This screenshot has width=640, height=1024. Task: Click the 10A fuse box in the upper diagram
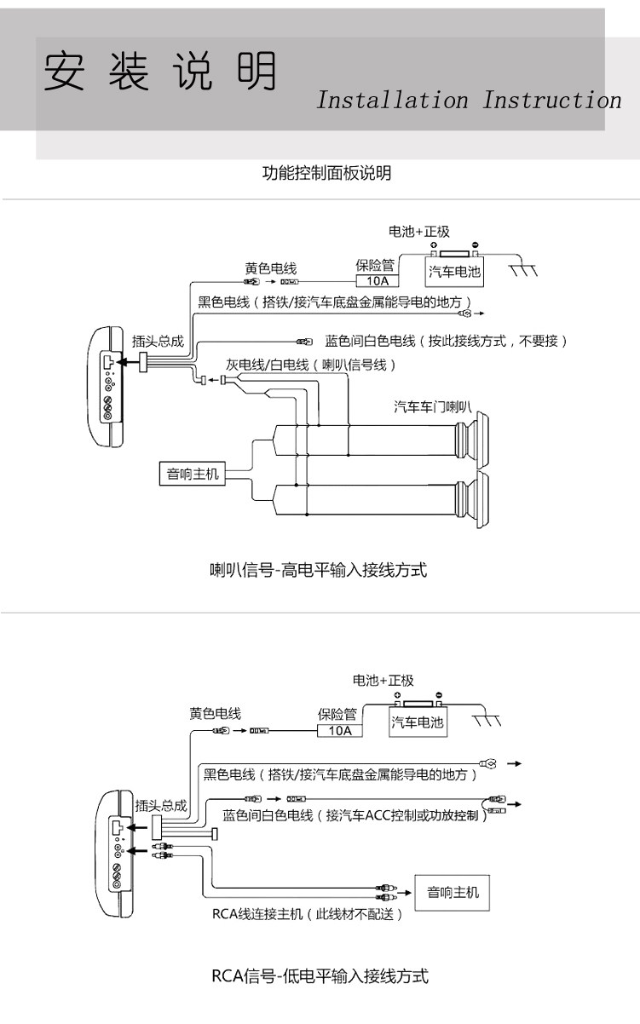[378, 280]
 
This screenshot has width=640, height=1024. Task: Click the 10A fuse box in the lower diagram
[340, 730]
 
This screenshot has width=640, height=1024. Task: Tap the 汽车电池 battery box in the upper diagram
[454, 272]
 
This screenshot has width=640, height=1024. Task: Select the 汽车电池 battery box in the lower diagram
[418, 722]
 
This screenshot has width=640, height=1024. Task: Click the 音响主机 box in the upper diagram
[193, 474]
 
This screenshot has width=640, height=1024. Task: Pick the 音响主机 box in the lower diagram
[453, 893]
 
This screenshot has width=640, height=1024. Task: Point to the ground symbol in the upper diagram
[523, 270]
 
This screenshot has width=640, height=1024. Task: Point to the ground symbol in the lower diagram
[487, 720]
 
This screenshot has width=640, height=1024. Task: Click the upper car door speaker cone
[472, 440]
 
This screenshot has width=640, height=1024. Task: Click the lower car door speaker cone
[472, 500]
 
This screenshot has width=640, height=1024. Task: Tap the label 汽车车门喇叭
[432, 406]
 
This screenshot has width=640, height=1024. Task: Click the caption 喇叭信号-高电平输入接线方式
[318, 570]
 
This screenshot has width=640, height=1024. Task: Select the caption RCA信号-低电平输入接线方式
[320, 976]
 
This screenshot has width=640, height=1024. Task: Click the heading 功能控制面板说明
[327, 173]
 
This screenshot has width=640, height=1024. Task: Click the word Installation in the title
[393, 101]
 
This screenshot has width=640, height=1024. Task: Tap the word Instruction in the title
[552, 101]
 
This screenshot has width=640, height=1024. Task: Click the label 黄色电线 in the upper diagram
[271, 268]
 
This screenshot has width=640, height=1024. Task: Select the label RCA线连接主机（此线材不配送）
[307, 914]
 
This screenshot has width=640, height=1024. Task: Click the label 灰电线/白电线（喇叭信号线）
[310, 365]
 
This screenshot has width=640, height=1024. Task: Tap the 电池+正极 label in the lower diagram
[383, 680]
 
